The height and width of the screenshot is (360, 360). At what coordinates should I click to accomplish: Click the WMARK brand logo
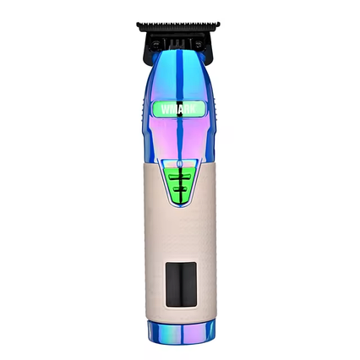(x=179, y=108)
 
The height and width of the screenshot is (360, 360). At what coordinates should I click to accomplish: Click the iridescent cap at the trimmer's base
(x=180, y=331)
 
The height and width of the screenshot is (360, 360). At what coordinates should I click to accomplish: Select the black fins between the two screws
(x=179, y=40)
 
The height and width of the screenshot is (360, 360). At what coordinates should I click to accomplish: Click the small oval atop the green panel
(x=179, y=164)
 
